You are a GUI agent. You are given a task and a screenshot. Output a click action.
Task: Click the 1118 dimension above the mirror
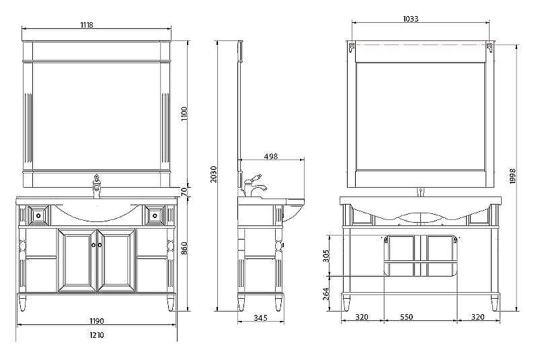coord(86,25)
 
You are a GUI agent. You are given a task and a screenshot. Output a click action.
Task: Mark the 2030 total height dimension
coord(214,175)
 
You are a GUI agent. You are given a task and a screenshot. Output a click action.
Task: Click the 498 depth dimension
coord(270,156)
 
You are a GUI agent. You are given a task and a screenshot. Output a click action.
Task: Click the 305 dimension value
coord(327,255)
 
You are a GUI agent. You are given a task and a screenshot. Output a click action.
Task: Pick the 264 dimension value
coord(327,294)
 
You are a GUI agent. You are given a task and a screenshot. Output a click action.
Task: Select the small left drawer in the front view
coord(38,215)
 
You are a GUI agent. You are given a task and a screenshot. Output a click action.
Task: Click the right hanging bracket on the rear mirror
coord(491,48)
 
